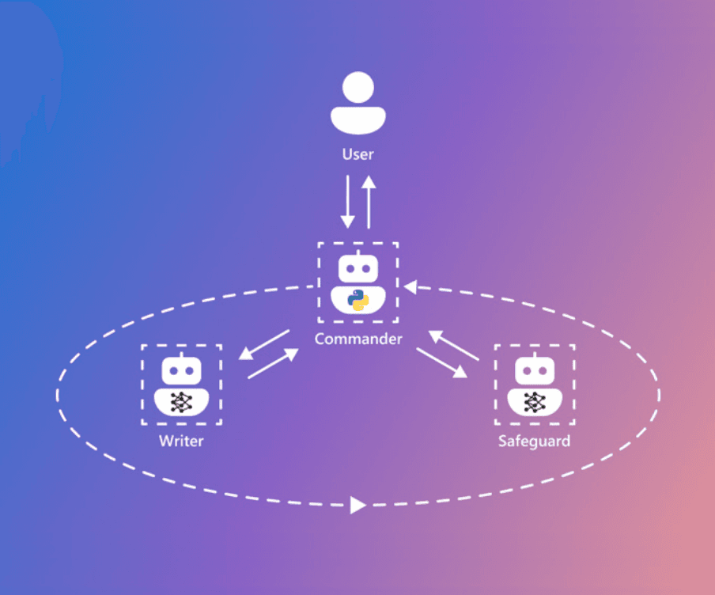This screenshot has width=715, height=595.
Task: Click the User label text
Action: tap(357, 153)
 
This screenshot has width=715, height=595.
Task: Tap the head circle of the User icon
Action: tap(358, 86)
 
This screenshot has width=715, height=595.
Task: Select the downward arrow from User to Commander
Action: tap(346, 203)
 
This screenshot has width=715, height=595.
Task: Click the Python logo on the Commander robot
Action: tap(358, 301)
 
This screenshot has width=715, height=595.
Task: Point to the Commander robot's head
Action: tap(358, 269)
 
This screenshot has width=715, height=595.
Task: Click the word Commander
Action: tap(358, 339)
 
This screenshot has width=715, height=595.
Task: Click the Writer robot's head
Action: tap(182, 370)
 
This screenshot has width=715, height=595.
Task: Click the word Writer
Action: tap(181, 441)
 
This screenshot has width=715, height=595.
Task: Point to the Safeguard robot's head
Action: tap(535, 370)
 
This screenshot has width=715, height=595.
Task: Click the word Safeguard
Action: tap(534, 441)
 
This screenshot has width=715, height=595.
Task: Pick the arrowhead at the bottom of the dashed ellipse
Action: tap(357, 505)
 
